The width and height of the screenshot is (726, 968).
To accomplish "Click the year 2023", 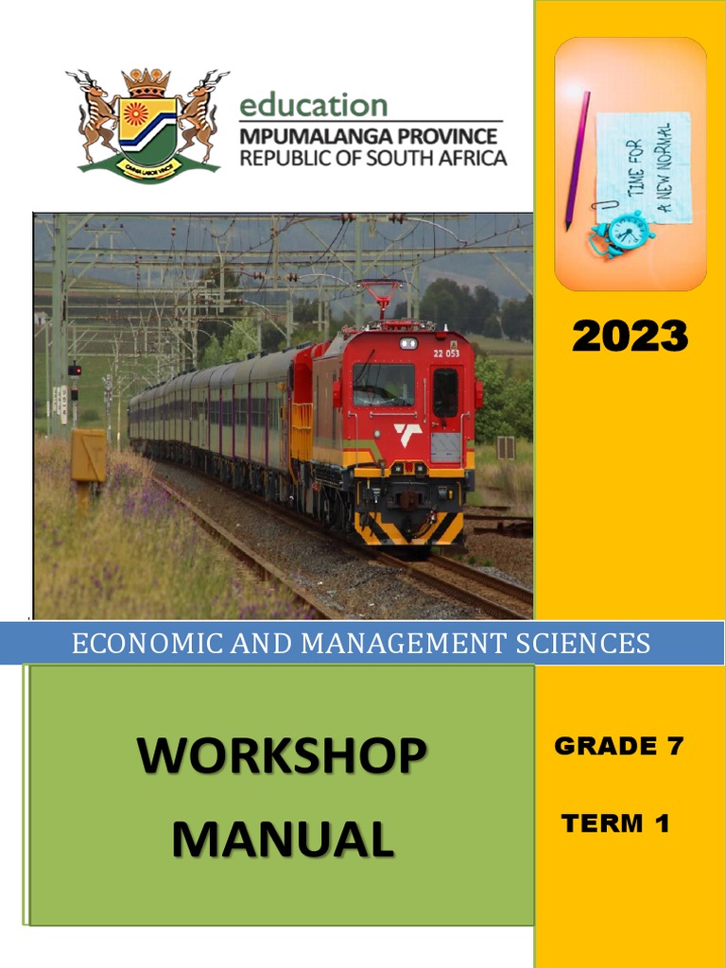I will [x=630, y=336].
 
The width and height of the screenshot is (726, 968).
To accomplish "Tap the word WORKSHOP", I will [x=281, y=756].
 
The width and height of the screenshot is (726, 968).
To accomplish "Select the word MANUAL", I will [x=283, y=838].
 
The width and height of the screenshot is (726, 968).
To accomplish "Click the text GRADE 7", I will [x=618, y=746].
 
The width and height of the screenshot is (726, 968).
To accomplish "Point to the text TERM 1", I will [x=615, y=823].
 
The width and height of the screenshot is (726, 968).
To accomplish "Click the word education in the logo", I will [x=313, y=105].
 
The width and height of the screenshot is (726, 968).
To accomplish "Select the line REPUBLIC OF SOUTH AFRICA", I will [x=372, y=157].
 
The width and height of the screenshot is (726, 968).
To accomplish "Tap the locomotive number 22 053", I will [x=447, y=353].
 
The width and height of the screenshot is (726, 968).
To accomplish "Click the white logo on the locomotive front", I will [x=408, y=435].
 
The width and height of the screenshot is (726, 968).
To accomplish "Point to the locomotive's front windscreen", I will [x=384, y=385].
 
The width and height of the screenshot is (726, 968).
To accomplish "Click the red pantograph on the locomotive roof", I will [x=382, y=298].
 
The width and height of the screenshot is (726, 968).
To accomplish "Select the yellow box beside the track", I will [x=89, y=456].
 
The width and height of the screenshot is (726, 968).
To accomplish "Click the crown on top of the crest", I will [x=147, y=82].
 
